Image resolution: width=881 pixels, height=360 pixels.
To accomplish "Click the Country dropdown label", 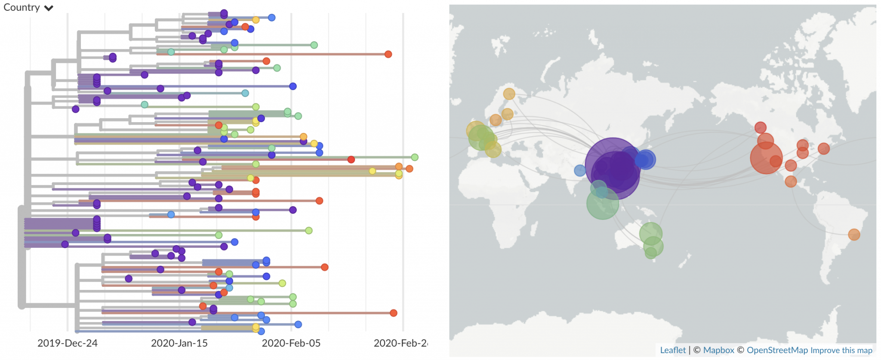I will pos(22,8).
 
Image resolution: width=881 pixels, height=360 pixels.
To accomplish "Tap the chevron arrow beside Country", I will pos(49,8).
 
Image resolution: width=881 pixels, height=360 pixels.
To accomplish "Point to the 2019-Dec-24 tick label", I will pos(68,343).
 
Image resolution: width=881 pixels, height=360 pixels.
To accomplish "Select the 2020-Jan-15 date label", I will pos(179,343).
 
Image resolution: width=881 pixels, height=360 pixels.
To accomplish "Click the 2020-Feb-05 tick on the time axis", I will pos(291,343).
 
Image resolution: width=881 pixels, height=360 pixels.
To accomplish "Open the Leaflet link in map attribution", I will pos(673,350).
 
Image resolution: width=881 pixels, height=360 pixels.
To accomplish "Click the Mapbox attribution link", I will pos(718,350).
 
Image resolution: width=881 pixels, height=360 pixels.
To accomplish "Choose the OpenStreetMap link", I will pos(777,350).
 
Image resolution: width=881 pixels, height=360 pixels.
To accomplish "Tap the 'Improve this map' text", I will pos(841,350).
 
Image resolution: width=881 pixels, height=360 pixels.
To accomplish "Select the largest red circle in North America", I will pos(766,158).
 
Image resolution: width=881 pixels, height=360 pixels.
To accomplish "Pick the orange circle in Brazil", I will pos(854,234).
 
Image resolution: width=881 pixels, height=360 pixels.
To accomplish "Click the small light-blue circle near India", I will pos(580,170).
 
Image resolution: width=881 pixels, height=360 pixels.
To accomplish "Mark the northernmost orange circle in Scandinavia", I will pos(509,94).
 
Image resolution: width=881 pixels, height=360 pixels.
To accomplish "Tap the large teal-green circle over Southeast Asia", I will pos(602,203).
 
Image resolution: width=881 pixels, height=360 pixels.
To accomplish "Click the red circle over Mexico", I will pos(791,181).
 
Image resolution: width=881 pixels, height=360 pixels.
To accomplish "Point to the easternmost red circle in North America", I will pos(824,148).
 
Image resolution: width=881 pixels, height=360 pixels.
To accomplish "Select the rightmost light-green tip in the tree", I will pos(414,157).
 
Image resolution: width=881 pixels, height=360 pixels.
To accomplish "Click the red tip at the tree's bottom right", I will pos(393,313).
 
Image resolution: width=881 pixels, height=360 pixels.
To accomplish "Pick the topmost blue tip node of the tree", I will pos(271,18).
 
